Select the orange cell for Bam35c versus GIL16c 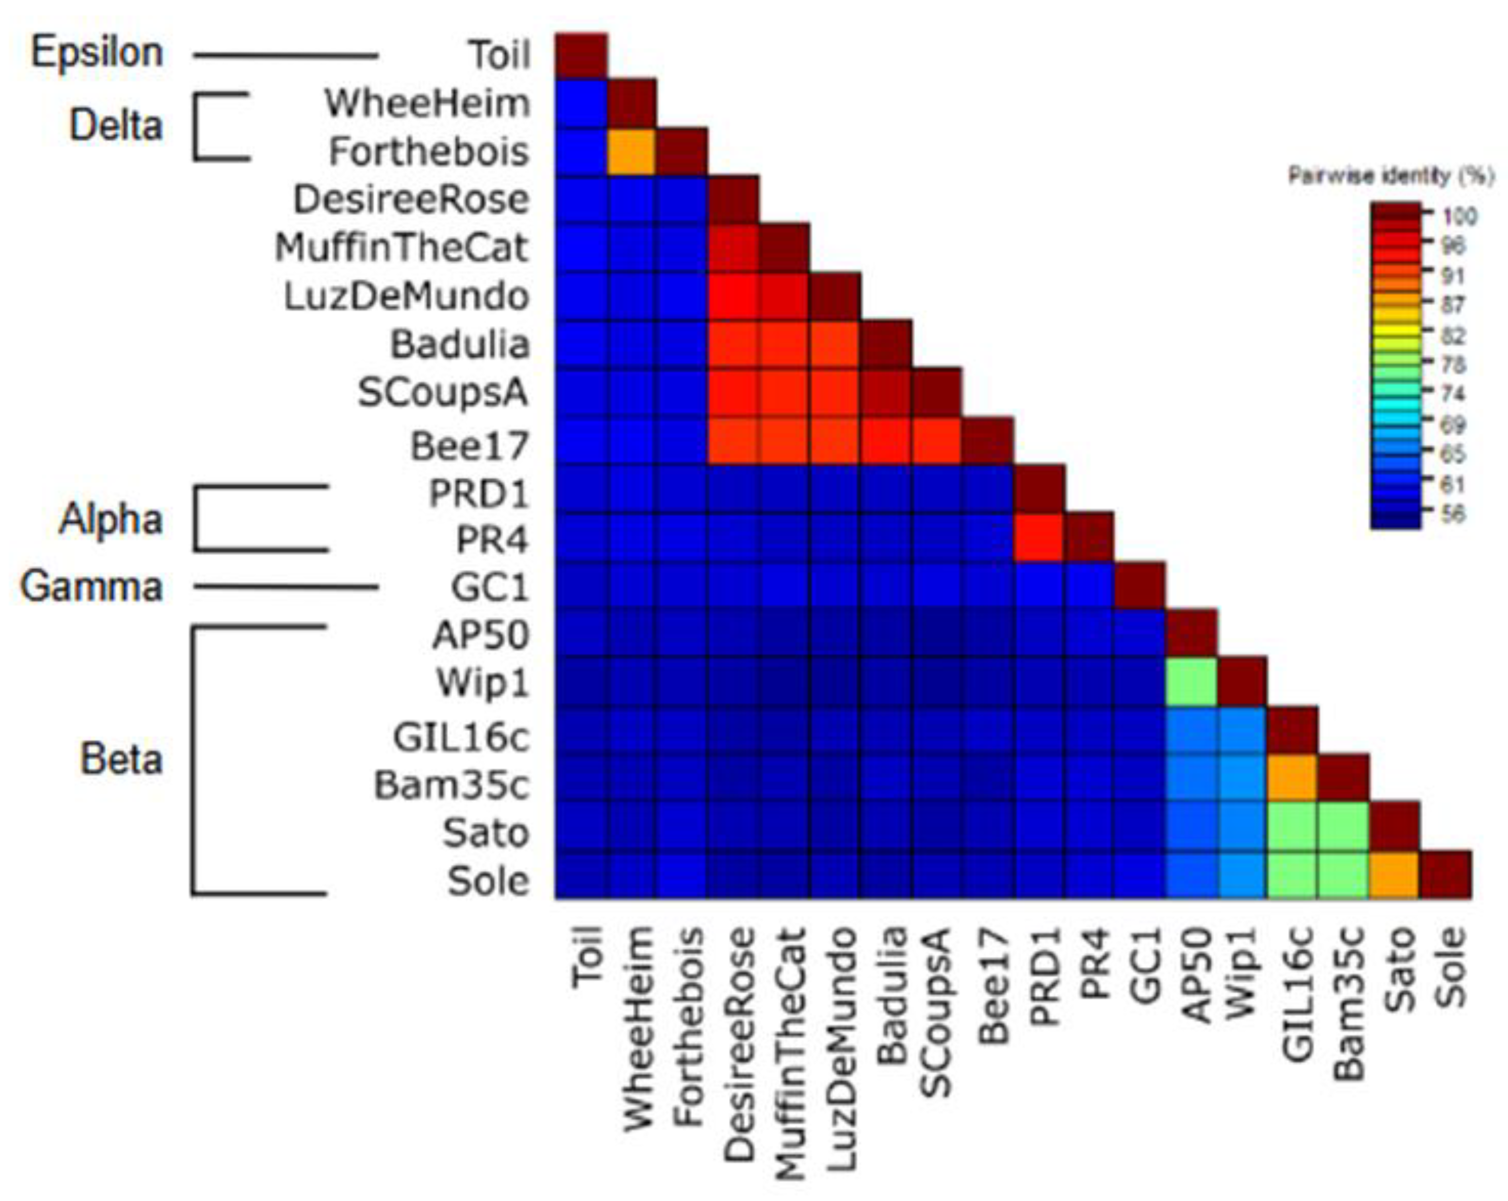(1292, 778)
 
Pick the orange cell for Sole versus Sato (1394, 874)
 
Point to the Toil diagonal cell (581, 55)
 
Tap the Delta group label (116, 126)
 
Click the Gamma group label (92, 586)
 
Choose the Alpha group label (111, 519)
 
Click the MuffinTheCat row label (401, 248)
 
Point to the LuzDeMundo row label (406, 296)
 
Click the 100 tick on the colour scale (1458, 216)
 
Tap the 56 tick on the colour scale (1453, 514)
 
